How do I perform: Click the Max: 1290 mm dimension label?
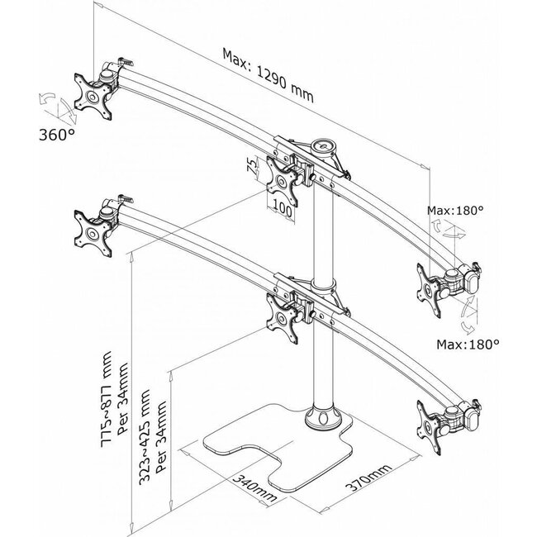(x=268, y=73)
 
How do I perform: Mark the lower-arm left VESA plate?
(x=90, y=230)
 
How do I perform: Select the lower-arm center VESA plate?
(x=283, y=315)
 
